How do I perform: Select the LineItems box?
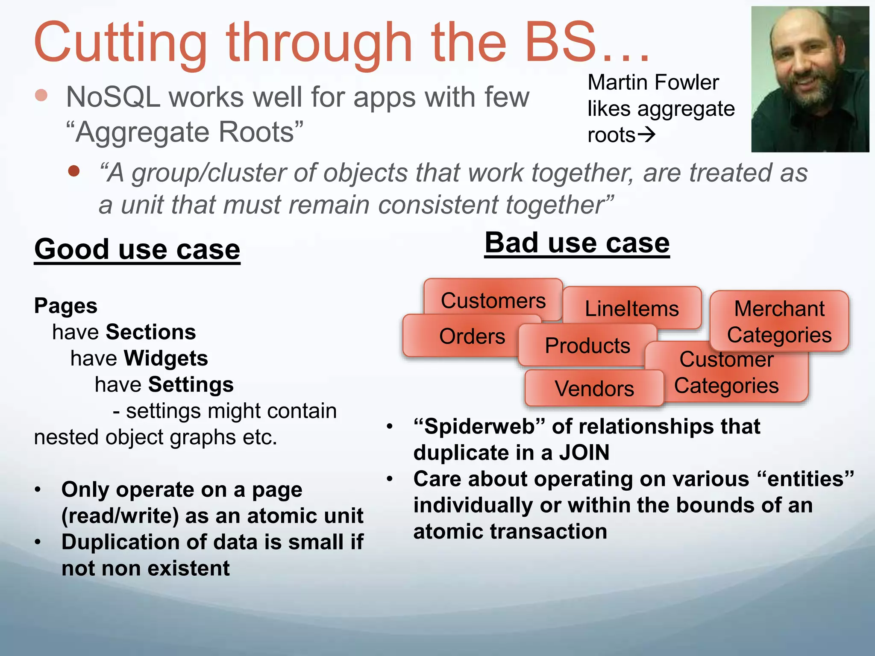point(631,308)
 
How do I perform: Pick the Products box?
point(587,345)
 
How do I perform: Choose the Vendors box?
point(594,388)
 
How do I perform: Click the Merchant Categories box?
point(779,321)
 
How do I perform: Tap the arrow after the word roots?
point(646,135)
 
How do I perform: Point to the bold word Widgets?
point(166,358)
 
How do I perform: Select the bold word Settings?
point(191,384)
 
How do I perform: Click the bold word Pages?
point(66,306)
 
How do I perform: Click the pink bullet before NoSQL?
point(41,95)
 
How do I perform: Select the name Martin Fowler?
point(653,82)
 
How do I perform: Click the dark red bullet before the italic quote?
point(74,171)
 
